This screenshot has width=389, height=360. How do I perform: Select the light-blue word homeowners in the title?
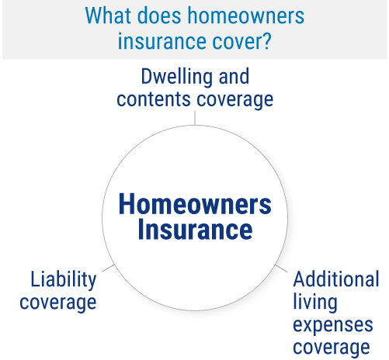(x=246, y=16)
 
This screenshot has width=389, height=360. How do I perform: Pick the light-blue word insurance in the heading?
(x=162, y=41)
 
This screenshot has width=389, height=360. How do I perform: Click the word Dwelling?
(x=177, y=77)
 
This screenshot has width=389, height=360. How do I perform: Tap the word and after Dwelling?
(x=234, y=76)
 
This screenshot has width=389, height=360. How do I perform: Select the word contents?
(x=154, y=99)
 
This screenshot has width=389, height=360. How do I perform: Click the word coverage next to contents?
(x=235, y=101)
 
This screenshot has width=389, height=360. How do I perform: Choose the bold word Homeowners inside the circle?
(x=195, y=204)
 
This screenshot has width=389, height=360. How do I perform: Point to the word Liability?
(x=64, y=280)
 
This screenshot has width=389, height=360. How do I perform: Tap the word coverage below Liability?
(x=58, y=303)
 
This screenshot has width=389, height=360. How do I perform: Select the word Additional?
(x=336, y=279)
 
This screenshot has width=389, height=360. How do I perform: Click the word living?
(x=315, y=303)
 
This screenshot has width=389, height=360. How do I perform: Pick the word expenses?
(x=333, y=326)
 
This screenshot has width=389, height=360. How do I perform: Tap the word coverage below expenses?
(x=332, y=348)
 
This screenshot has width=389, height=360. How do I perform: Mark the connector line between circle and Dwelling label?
(x=195, y=118)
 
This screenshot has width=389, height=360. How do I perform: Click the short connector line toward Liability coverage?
(x=108, y=268)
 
